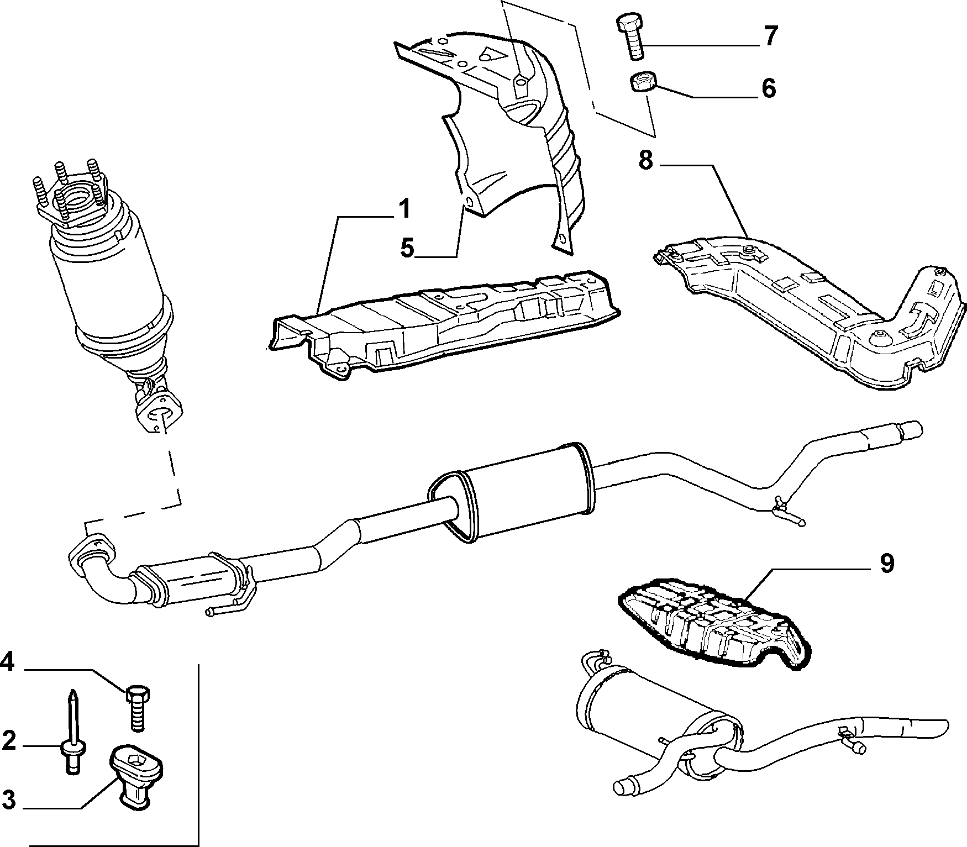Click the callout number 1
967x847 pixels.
coord(405,209)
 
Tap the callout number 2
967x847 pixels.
coord(9,741)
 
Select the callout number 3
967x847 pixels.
coord(9,799)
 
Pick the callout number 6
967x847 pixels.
coord(769,88)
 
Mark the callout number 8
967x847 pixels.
coord(646,160)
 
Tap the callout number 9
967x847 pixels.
coord(886,564)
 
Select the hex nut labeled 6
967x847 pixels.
coord(643,82)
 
